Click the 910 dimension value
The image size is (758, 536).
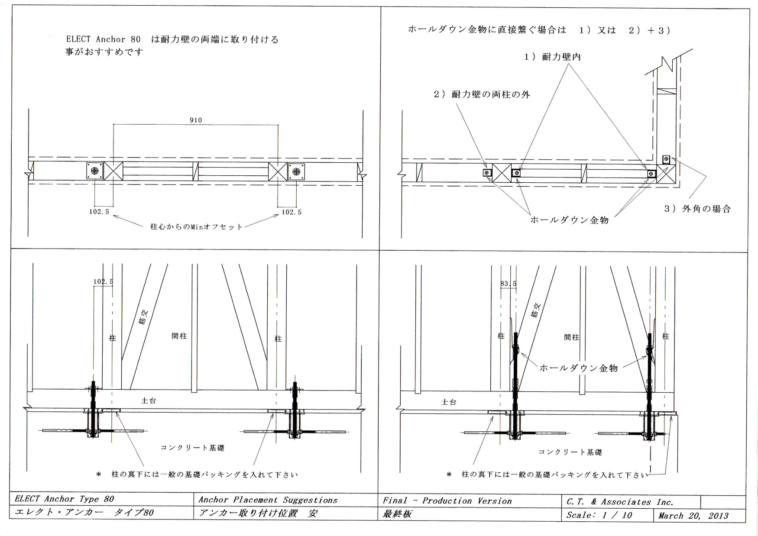pos(196,120)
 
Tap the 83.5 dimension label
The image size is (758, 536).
pos(508,284)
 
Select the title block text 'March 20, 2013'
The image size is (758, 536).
pos(693,516)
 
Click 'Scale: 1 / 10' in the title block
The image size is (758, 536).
pos(599,515)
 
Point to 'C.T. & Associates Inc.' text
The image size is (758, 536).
pos(620,502)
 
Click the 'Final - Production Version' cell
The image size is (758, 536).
pos(447,500)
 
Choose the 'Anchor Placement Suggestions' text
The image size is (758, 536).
pos(268,500)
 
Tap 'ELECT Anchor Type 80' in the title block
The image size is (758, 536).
pos(64,499)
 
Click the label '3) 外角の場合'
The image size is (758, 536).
pos(697,209)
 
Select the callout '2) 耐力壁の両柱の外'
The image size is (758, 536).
pos(482,94)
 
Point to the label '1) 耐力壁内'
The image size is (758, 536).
pos(553,57)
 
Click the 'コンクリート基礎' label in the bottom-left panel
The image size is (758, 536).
pos(192,448)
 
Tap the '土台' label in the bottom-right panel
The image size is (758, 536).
pos(449,402)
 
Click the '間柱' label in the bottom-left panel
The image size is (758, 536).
pos(179,336)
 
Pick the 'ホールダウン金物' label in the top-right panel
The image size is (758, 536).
pos(570,220)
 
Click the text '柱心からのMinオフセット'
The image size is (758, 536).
pos(197,226)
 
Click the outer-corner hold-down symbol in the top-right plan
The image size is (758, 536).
pos(666,159)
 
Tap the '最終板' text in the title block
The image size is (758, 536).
pos(397,513)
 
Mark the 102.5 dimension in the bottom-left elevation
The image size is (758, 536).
pos(103,281)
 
